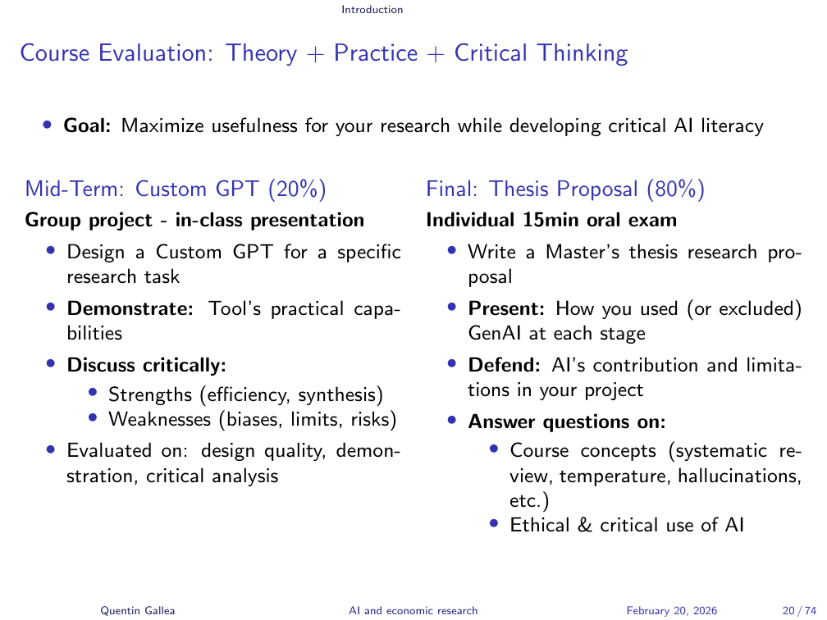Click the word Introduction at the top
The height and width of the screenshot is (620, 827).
(372, 10)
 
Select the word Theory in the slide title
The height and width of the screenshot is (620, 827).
(261, 54)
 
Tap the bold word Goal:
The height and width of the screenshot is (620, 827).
(87, 126)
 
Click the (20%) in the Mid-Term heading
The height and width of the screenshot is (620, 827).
(298, 189)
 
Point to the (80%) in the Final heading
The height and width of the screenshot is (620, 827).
(676, 189)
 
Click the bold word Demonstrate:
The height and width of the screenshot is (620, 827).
(130, 309)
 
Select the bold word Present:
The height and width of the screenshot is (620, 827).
(506, 309)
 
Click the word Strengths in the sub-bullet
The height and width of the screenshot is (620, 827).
(150, 395)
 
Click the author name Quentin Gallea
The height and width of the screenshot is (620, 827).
(138, 610)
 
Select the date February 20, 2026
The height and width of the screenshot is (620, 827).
(671, 610)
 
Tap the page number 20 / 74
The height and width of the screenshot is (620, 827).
(800, 610)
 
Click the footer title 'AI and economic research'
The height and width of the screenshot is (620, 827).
(413, 610)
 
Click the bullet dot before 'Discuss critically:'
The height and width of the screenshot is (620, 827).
(51, 363)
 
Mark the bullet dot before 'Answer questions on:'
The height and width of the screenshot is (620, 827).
(451, 420)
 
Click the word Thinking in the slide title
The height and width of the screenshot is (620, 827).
(583, 54)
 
